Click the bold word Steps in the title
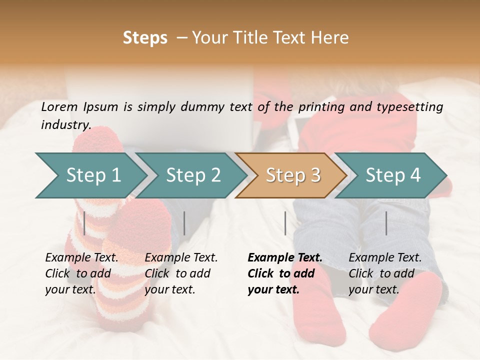tap(145, 38)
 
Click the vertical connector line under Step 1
tap(84, 223)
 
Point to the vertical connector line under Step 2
tap(184, 223)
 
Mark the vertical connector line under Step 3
tap(285, 223)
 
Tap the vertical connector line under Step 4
tap(386, 223)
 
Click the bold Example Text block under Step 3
tap(285, 273)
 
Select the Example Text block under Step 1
tap(81, 273)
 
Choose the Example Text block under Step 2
tap(181, 273)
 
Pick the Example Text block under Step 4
tap(385, 273)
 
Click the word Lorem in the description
tap(59, 106)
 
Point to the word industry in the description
tap(65, 125)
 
